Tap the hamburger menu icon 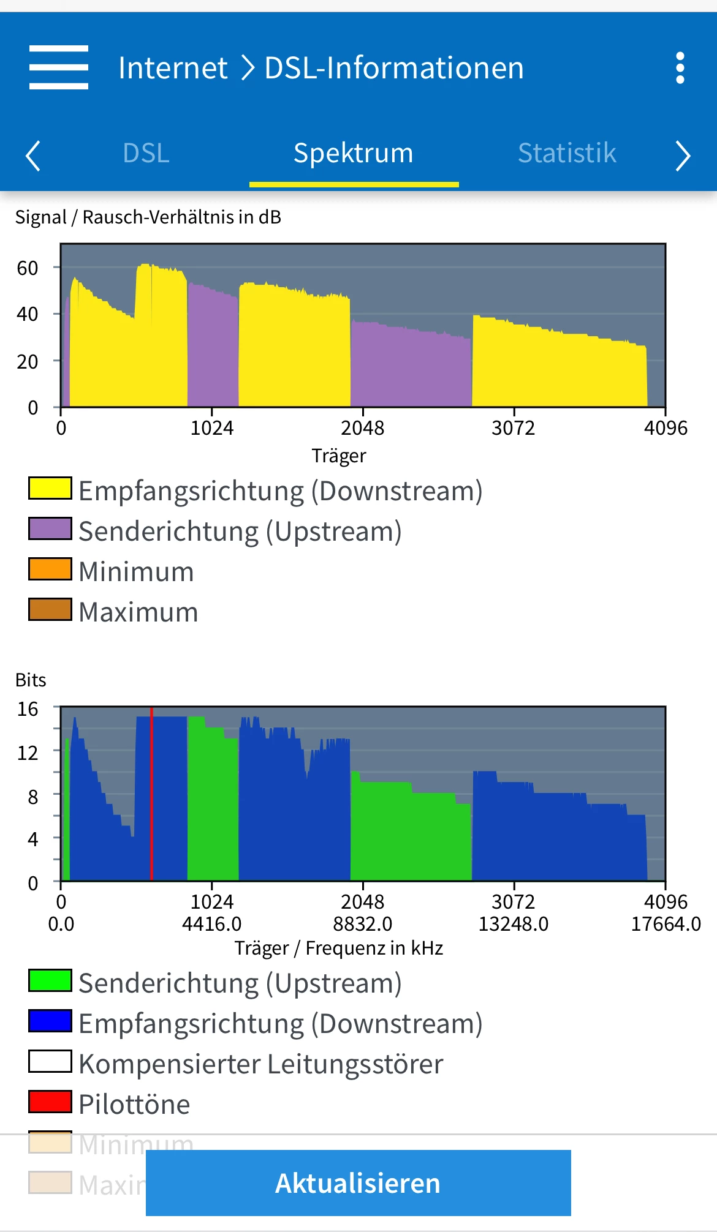coord(59,67)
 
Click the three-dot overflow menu coord(680,68)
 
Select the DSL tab coord(146,153)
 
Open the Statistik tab coord(567,153)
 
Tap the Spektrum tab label coord(354,153)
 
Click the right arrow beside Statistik coord(683,156)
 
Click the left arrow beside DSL coord(33,156)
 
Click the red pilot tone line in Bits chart coord(151,796)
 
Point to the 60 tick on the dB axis coord(28,268)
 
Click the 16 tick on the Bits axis coord(28,709)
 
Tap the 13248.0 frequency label coord(514,924)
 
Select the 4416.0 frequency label coord(212,924)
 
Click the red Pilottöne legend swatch coord(50,1102)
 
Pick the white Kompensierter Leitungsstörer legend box coord(50,1062)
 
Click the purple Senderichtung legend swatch coord(50,529)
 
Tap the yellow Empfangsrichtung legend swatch coord(50,489)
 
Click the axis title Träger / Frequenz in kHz coord(339,948)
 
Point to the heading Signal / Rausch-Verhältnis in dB coord(148,217)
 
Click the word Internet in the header coord(173,68)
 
